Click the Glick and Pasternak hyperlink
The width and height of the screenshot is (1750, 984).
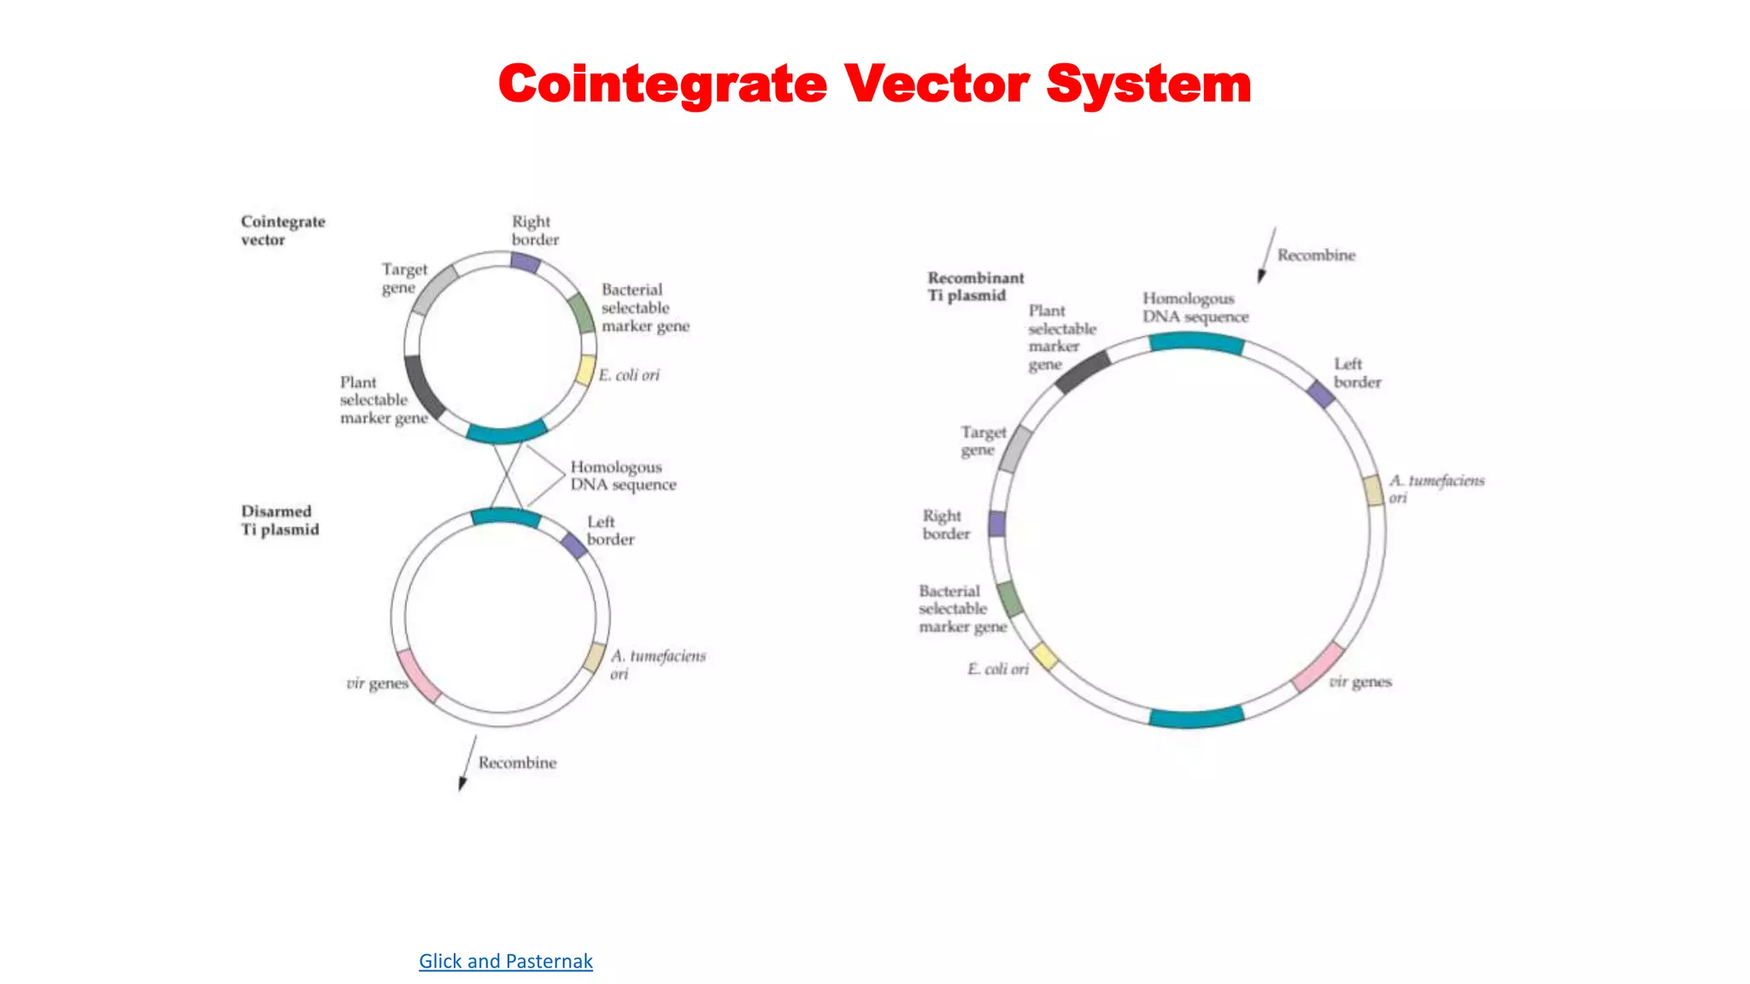(505, 961)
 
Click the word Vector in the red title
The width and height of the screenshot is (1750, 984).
(937, 85)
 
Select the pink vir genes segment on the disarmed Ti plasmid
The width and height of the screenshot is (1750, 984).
(419, 676)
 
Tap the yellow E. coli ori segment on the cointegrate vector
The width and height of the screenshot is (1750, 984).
(585, 370)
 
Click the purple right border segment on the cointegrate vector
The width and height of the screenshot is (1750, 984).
(526, 262)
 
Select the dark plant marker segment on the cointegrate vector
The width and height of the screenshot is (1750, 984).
(424, 387)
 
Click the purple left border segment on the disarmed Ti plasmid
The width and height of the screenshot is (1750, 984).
(574, 545)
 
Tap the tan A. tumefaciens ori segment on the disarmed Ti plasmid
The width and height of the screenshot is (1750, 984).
(595, 657)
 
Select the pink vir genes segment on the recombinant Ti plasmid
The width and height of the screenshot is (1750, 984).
(1317, 667)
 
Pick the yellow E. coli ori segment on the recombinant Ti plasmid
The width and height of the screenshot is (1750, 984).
(1044, 656)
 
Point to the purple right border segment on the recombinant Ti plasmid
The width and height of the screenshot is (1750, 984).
(996, 524)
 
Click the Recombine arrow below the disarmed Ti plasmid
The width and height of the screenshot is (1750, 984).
(467, 763)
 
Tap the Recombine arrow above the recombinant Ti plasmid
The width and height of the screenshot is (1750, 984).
(1266, 255)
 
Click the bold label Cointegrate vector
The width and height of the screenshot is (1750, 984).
(282, 231)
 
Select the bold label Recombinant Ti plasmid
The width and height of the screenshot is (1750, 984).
(975, 286)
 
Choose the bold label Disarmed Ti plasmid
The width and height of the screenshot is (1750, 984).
(279, 520)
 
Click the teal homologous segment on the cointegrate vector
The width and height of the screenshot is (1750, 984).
(506, 432)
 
